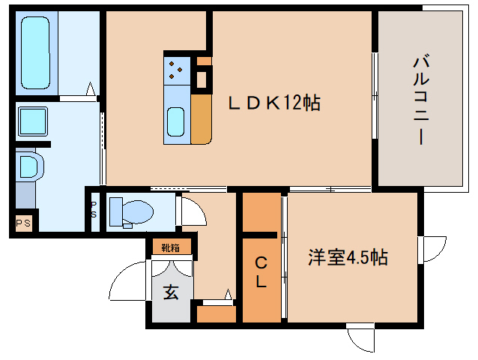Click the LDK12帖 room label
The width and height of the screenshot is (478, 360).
coord(274,103)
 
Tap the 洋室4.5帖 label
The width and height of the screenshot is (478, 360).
coord(348,257)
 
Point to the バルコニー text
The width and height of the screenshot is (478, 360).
coord(421,100)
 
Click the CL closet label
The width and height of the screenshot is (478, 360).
coord(261,272)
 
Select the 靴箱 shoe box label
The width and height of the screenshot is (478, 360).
coord(171,247)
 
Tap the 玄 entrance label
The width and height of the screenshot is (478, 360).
coord(171,292)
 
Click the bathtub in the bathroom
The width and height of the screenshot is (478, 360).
coord(35,52)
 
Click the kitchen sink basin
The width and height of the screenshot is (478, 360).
coord(176,121)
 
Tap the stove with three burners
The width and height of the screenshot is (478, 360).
coord(177,70)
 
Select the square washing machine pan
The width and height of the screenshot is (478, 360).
coord(33,121)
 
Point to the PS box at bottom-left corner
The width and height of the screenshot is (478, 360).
coord(23,223)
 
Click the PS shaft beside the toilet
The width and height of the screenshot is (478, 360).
coord(94,211)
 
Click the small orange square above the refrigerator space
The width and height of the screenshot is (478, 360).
coord(204,61)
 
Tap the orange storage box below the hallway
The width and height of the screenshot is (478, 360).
coord(217,314)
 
